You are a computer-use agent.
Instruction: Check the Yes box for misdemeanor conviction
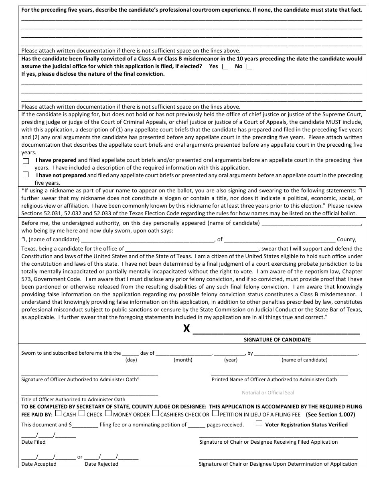pos(225,67)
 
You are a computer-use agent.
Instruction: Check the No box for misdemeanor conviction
pos(249,67)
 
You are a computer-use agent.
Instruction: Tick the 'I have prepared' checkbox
pos(26,161)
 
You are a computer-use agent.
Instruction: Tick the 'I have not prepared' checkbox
pos(26,175)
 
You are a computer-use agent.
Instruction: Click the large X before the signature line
pos(186,329)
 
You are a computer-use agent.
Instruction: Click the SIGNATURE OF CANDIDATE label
pos(277,339)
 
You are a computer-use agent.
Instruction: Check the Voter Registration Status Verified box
pos(259,423)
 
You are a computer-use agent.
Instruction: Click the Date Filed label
pos(33,442)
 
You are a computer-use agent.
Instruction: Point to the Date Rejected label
pos(101,464)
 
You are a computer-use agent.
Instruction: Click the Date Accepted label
pos(39,464)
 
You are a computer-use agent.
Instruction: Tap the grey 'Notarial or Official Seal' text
pos(268,393)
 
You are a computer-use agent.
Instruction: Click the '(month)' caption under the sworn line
pos(183,360)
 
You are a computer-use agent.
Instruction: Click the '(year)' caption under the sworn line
pos(231,360)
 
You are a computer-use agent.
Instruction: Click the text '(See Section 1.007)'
pos(330,415)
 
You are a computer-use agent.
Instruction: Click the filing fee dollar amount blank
pos(85,424)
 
